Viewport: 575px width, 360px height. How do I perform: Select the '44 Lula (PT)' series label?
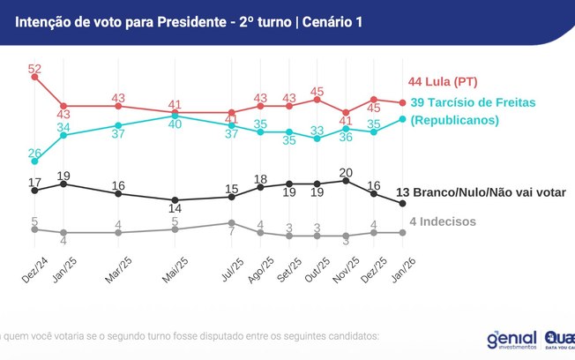point(443,82)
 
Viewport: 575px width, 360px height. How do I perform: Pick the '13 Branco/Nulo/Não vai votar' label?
point(481,193)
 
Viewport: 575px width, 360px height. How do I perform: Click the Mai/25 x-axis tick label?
point(176,267)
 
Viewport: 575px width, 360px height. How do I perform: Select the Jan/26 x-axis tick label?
point(404,267)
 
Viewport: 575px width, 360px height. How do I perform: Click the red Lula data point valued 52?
point(35,78)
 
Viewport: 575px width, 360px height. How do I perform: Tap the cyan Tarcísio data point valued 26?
point(35,161)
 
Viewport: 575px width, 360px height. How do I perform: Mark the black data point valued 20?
point(346,180)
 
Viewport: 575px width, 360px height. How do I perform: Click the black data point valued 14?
point(175,200)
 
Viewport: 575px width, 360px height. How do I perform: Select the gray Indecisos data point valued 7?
point(232,222)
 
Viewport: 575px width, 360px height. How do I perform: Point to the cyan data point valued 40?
point(175,116)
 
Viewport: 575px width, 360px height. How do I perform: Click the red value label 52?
point(35,68)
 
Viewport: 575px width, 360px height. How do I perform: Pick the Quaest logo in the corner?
point(559,339)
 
